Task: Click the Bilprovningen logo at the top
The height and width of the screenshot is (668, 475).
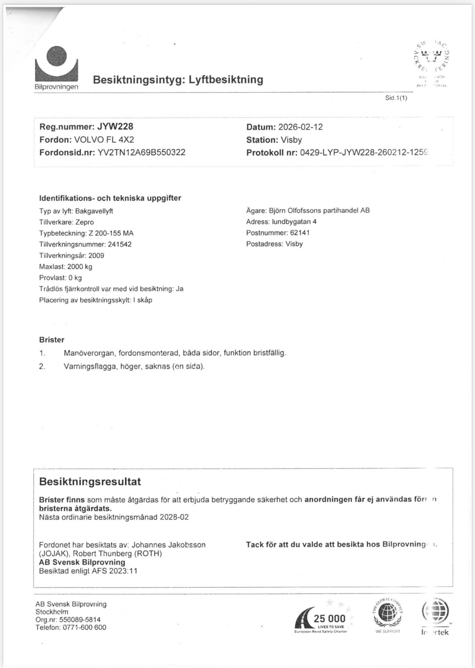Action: click(x=56, y=68)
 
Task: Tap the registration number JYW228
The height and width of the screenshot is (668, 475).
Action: click(x=115, y=127)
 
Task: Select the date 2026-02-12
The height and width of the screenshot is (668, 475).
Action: click(x=300, y=127)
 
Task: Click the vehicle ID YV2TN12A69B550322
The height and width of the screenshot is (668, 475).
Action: click(x=141, y=152)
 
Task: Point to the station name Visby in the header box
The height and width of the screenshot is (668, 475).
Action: click(x=291, y=140)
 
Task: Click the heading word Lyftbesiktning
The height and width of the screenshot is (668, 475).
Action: click(x=226, y=80)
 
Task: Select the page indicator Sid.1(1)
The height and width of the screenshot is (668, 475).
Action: click(x=396, y=98)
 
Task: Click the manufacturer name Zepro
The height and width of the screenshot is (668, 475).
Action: click(x=84, y=222)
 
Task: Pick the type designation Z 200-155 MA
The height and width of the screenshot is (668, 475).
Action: click(x=111, y=233)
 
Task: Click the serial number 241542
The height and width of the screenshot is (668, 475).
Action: click(x=120, y=244)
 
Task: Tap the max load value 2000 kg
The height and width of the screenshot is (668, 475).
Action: click(x=80, y=267)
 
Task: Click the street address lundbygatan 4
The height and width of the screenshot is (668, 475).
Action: click(x=294, y=222)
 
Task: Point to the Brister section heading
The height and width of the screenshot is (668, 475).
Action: click(x=52, y=340)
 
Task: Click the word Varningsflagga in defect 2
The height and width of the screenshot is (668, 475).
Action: click(x=90, y=366)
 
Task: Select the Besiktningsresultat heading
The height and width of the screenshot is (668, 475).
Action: click(x=90, y=481)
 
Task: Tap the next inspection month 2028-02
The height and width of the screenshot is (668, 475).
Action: click(x=174, y=517)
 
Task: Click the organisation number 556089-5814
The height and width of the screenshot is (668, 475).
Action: click(x=80, y=619)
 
